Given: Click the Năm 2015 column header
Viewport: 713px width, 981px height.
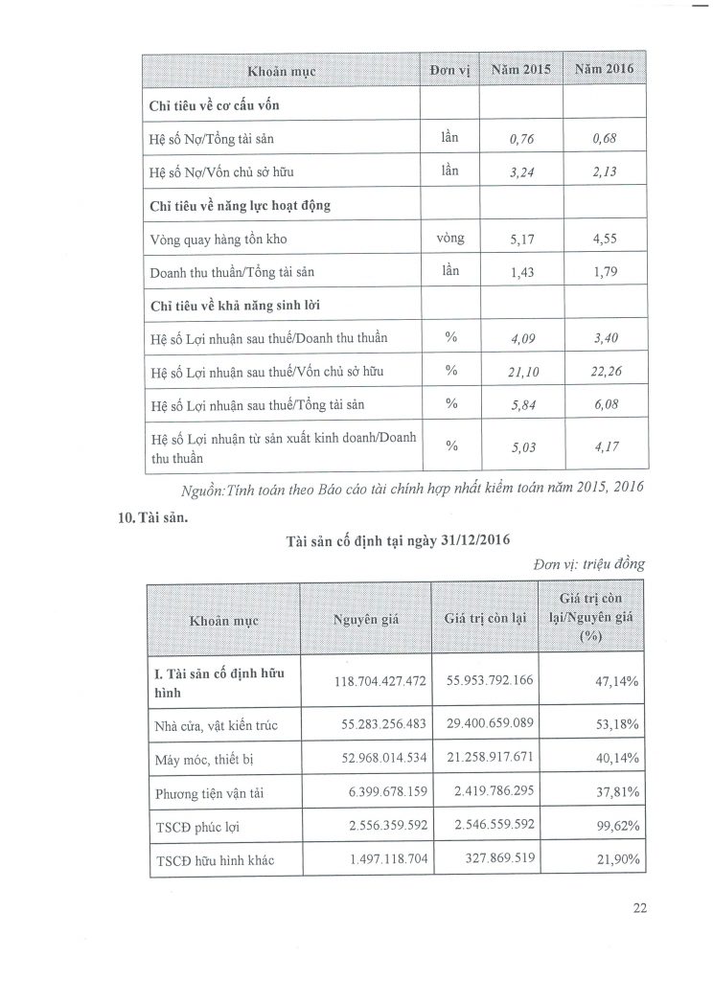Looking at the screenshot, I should pyautogui.click(x=521, y=70).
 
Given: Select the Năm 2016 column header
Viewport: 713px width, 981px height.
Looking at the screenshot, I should pyautogui.click(x=604, y=70).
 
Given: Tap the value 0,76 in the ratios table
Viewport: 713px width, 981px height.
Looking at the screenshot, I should pyautogui.click(x=521, y=140).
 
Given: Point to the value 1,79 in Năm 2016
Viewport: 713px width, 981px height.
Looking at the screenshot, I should pyautogui.click(x=605, y=273).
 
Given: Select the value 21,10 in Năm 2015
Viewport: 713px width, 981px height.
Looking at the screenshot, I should pyautogui.click(x=521, y=371).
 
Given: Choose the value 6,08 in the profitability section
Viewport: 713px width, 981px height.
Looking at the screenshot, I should pyautogui.click(x=605, y=404).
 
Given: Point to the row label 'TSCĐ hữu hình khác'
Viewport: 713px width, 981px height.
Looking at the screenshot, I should pyautogui.click(x=215, y=861).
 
